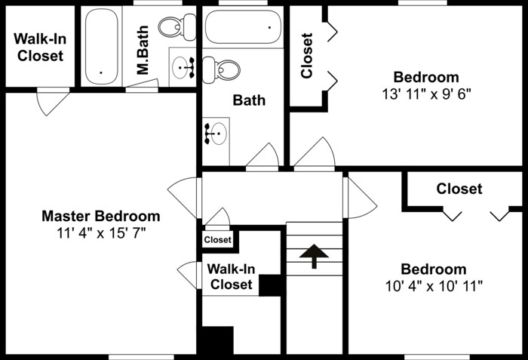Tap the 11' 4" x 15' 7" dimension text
click(x=100, y=232)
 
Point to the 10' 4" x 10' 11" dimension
click(x=433, y=286)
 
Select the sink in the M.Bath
click(x=183, y=67)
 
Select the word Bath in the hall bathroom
click(x=249, y=100)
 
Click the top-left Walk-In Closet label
click(x=40, y=47)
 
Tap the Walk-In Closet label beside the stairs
click(x=231, y=276)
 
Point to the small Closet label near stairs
click(x=217, y=240)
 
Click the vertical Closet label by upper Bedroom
click(x=307, y=56)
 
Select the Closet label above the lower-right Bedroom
click(x=459, y=189)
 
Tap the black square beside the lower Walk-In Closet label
click(x=270, y=285)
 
